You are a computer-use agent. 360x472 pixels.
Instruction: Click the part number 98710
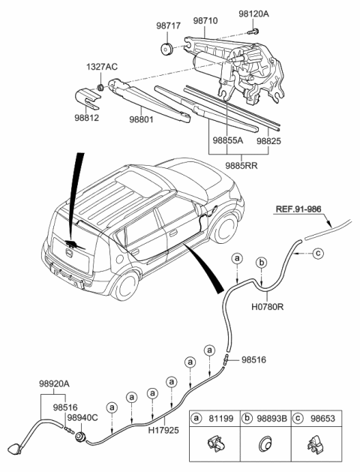(205, 23)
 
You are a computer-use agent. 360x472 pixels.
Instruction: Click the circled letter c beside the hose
(317, 254)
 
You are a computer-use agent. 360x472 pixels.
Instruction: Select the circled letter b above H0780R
(261, 261)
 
